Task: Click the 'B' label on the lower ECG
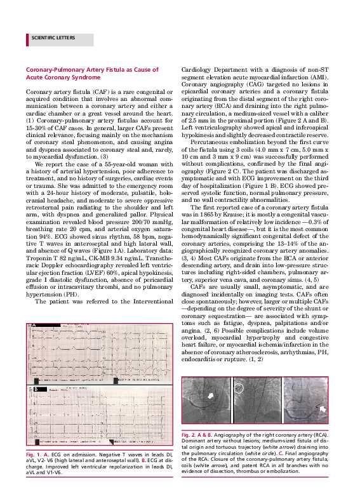pos(36,388)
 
